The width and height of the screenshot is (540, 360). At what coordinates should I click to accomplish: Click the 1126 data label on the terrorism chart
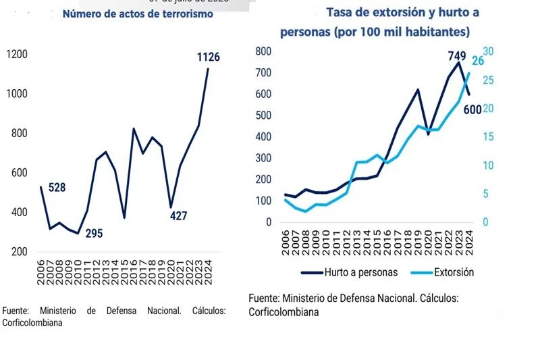(208, 57)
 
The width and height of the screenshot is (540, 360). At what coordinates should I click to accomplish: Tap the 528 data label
(57, 187)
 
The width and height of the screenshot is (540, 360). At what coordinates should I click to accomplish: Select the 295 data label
(94, 234)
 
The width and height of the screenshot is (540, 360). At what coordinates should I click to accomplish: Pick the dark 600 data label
(472, 109)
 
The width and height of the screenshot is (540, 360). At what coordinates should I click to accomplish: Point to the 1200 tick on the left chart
(16, 54)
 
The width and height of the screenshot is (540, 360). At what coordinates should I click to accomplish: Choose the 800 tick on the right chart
(263, 51)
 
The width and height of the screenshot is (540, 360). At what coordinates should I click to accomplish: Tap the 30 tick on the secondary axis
(489, 51)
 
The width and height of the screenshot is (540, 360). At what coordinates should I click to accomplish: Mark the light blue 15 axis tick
(489, 137)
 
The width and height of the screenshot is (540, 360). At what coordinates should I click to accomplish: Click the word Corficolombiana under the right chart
(283, 312)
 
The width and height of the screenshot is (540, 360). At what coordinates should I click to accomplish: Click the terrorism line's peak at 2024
(208, 68)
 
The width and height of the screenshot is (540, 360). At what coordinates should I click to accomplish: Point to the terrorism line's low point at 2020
(171, 207)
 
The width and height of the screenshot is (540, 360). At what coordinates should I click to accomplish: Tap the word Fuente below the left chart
(15, 311)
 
